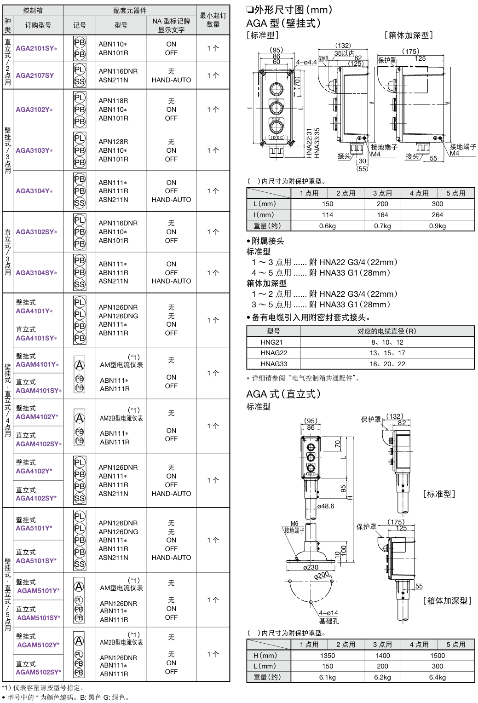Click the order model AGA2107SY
[x=35, y=75]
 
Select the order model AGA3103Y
[x=34, y=150]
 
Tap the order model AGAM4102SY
[x=39, y=444]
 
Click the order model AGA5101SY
[x=36, y=561]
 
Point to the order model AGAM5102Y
[x=38, y=645]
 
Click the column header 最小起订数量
[x=213, y=20]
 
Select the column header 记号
[x=80, y=25]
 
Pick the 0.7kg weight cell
[x=382, y=226]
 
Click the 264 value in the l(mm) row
[x=437, y=215]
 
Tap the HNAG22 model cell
[x=274, y=353]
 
